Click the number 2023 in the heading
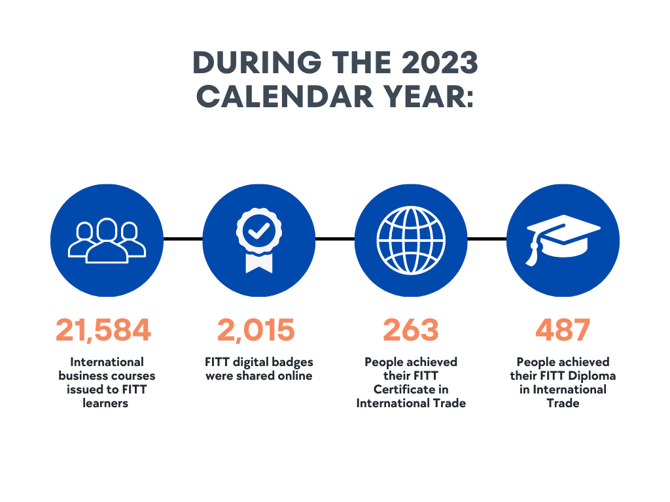[439, 62]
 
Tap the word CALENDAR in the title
[285, 96]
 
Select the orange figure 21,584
[103, 330]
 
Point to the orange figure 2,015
[256, 330]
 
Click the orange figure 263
[411, 330]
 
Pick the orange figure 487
[563, 330]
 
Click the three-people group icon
[107, 241]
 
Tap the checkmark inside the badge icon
[259, 231]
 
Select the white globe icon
[411, 241]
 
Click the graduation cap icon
[563, 240]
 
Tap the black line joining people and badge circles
[183, 239]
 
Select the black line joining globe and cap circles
[487, 239]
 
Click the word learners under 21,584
[105, 403]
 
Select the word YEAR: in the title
[428, 96]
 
